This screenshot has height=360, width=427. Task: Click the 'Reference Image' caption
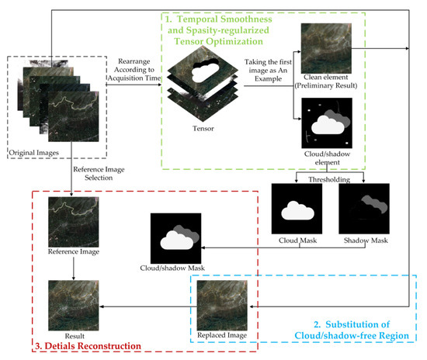point(74,252)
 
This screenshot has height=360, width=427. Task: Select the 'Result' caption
point(74,324)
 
